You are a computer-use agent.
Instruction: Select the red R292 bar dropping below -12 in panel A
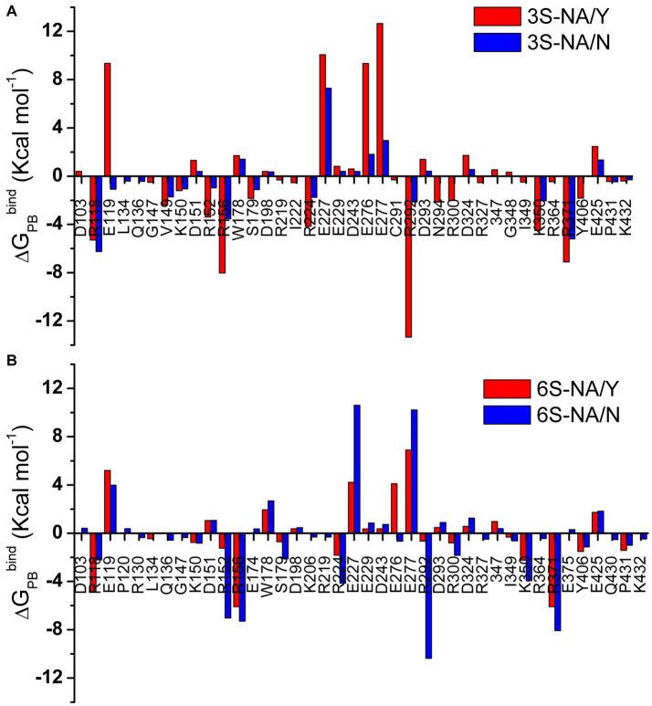point(408,256)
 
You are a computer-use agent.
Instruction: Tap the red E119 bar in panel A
point(107,119)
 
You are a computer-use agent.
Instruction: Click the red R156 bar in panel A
point(222,224)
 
